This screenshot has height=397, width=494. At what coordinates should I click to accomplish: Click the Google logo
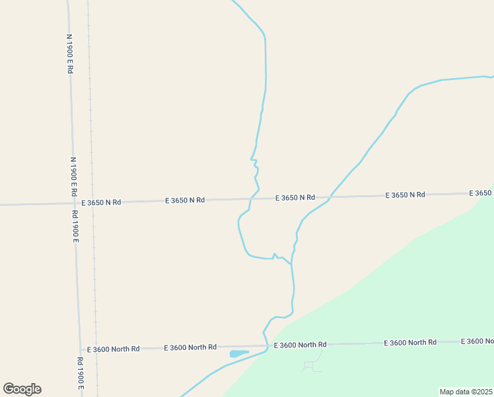tap(22, 389)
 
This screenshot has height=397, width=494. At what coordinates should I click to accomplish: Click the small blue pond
tap(237, 353)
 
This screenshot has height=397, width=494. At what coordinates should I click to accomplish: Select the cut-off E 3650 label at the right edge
tap(481, 193)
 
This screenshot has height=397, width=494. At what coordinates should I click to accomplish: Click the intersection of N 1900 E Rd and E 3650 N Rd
tap(74, 202)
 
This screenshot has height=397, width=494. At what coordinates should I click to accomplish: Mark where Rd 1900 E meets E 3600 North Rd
tap(79, 349)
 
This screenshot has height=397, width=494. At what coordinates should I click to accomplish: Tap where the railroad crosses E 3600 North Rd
tap(96, 349)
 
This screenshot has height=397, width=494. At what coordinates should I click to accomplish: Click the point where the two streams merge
tap(291, 263)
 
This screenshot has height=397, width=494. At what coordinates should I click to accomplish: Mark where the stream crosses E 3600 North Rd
tap(267, 346)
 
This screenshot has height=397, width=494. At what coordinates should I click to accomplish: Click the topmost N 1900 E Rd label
tap(69, 54)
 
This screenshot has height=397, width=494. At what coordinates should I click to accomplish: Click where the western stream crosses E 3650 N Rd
tap(250, 198)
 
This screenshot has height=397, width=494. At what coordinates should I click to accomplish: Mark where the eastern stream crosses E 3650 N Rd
tap(330, 197)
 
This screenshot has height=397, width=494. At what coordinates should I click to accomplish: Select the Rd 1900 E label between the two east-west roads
tap(76, 226)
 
